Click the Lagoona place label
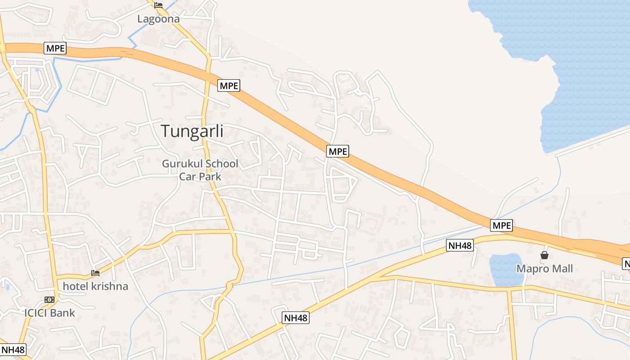(158, 19)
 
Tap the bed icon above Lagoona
(158, 5)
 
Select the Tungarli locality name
(192, 131)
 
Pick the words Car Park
(200, 176)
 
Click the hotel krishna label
(95, 286)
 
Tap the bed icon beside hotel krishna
(95, 273)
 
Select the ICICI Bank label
(49, 313)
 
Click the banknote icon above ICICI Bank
(49, 300)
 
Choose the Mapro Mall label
(544, 269)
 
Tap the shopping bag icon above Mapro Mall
(544, 256)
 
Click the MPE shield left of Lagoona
(55, 48)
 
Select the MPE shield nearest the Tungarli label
(229, 85)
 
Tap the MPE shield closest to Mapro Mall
(501, 225)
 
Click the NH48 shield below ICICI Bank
(13, 350)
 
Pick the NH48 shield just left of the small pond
(460, 245)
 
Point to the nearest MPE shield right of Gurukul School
(338, 151)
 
